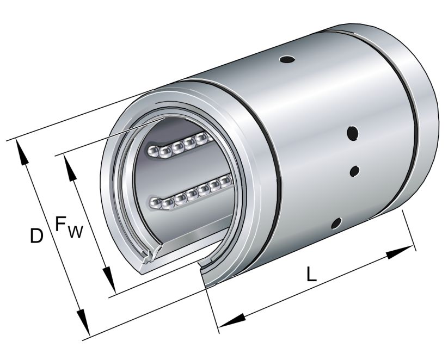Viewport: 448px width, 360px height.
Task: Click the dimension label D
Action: click(36, 236)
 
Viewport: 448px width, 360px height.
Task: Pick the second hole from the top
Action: click(353, 132)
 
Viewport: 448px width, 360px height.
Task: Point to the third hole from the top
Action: click(354, 171)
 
